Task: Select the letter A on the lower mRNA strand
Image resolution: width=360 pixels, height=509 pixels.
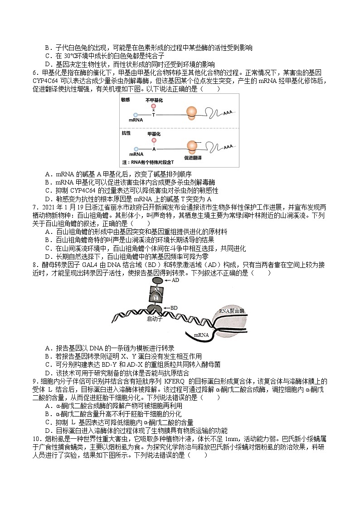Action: click(x=154, y=148)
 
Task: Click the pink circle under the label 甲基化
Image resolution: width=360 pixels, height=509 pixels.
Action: click(x=154, y=141)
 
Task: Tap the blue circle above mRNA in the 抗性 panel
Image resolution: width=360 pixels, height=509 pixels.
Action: click(x=136, y=148)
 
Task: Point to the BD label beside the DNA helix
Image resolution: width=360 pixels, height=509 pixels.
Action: click(x=175, y=308)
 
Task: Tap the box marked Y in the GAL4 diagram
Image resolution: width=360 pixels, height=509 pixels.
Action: click(x=156, y=298)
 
